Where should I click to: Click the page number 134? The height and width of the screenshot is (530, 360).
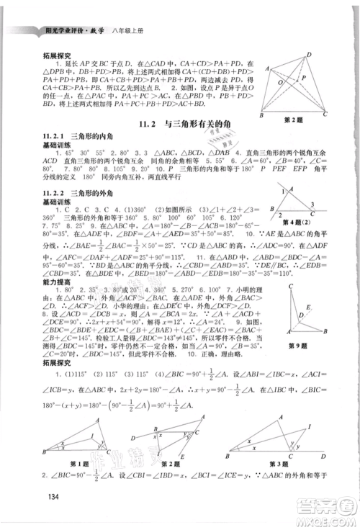coord(49,495)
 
